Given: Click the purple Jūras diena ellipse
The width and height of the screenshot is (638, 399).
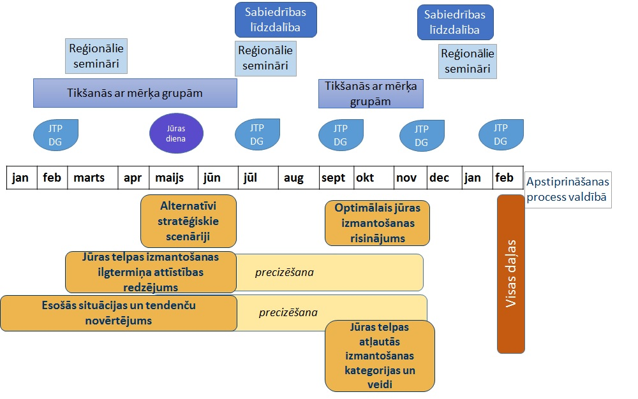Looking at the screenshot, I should pyautogui.click(x=176, y=134).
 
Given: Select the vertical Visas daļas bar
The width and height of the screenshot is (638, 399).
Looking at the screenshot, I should pyautogui.click(x=510, y=274).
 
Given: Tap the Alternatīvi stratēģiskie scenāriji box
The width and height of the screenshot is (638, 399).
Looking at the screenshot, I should pyautogui.click(x=188, y=221).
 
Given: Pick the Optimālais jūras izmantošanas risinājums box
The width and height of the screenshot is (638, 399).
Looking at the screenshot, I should pyautogui.click(x=377, y=223).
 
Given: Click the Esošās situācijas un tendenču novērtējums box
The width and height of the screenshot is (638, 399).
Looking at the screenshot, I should pyautogui.click(x=118, y=313).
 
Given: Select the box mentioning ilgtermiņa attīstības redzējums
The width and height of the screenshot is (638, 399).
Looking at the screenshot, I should pyautogui.click(x=151, y=272).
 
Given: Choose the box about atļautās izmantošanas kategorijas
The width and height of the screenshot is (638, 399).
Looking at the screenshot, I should pyautogui.click(x=380, y=356).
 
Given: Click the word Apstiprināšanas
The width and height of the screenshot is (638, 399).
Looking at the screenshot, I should pyautogui.click(x=568, y=182).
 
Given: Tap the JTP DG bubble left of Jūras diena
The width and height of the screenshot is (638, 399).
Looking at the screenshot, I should pyautogui.click(x=56, y=134).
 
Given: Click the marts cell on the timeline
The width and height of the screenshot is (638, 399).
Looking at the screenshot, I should pyautogui.click(x=89, y=178).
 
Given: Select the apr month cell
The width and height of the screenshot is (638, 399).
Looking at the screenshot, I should pyautogui.click(x=133, y=178).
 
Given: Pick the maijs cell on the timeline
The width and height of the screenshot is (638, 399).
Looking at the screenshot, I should pyautogui.click(x=170, y=178).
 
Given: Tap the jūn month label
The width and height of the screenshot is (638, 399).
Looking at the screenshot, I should pyautogui.click(x=212, y=178).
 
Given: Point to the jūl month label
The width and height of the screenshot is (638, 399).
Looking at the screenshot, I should pyautogui.click(x=251, y=178).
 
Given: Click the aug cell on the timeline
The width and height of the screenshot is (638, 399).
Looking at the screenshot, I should pyautogui.click(x=294, y=178).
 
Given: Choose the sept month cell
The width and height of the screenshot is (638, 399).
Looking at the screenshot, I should pyautogui.click(x=333, y=178).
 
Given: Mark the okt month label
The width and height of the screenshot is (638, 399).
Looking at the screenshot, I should pyautogui.click(x=366, y=178).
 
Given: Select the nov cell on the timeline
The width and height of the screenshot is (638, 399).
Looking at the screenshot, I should pyautogui.click(x=406, y=178).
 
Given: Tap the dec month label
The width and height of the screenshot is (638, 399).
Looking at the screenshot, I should pyautogui.click(x=440, y=178).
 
